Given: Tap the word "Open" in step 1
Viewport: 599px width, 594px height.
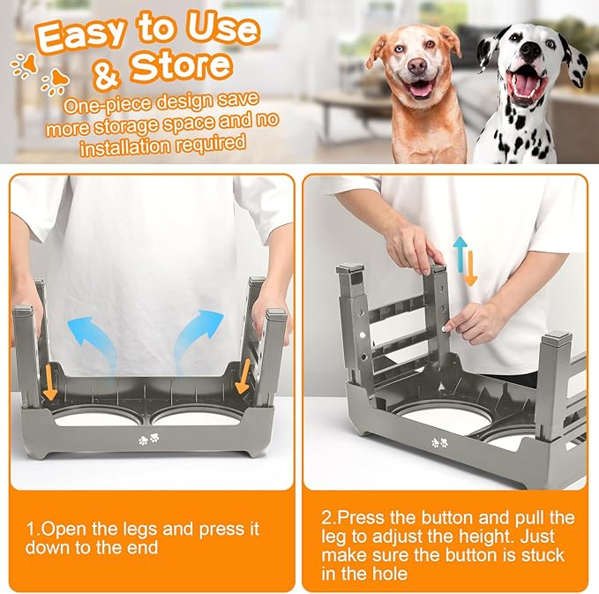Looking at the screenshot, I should pyautogui.click(x=62, y=529).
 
